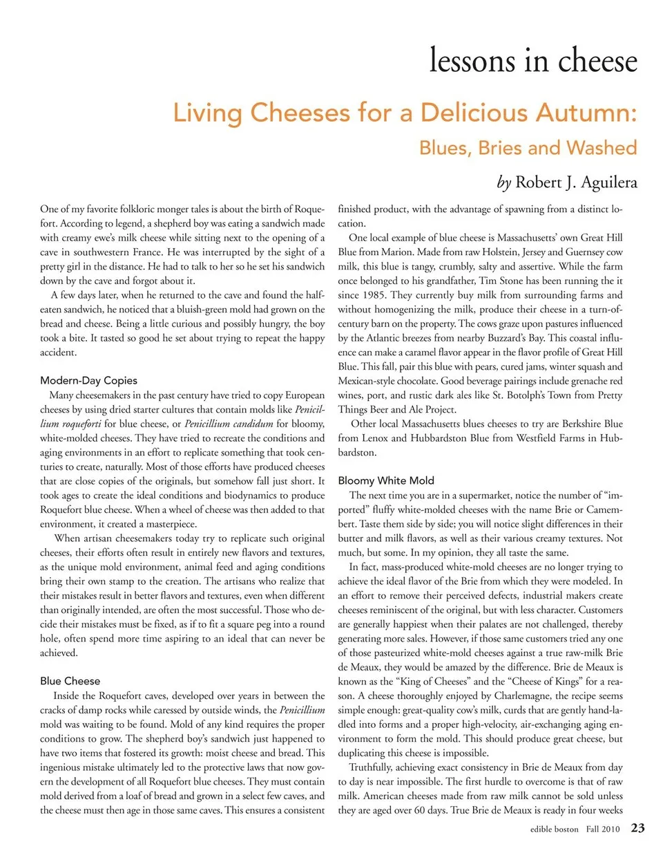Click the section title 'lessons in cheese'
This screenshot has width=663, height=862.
click(x=532, y=60)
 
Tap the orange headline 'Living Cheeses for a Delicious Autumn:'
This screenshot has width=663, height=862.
click(x=404, y=113)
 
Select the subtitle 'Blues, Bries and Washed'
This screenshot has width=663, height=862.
click(x=528, y=148)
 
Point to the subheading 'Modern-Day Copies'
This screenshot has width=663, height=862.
click(x=88, y=380)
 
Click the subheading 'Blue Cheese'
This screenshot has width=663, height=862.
click(x=70, y=681)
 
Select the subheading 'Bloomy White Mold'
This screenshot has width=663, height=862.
click(x=386, y=480)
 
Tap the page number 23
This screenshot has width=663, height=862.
click(x=637, y=828)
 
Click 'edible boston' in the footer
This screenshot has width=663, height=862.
click(x=554, y=829)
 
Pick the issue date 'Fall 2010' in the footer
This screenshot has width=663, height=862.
click(x=603, y=829)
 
